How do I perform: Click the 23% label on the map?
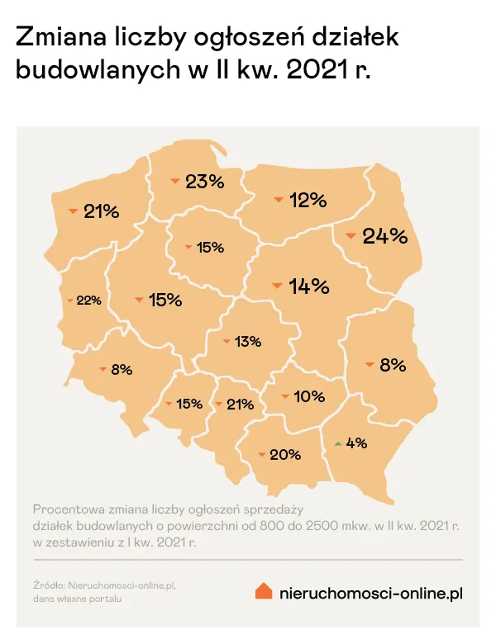tap(204, 182)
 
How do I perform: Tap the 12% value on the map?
tap(308, 200)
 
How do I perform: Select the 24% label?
tap(385, 236)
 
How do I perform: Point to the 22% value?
tap(88, 301)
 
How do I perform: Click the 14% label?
tap(309, 286)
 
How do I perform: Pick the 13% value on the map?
tap(247, 341)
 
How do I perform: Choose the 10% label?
tap(308, 396)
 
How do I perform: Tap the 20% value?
tap(284, 454)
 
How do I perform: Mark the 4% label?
tap(356, 443)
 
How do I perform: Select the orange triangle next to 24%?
tap(351, 237)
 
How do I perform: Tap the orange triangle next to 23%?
tap(174, 181)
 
